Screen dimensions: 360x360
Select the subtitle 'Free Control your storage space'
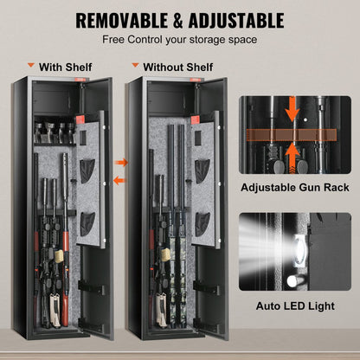coord(179,39)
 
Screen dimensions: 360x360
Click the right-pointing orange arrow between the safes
coord(121,162)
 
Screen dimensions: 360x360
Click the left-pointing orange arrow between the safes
coord(119,179)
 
